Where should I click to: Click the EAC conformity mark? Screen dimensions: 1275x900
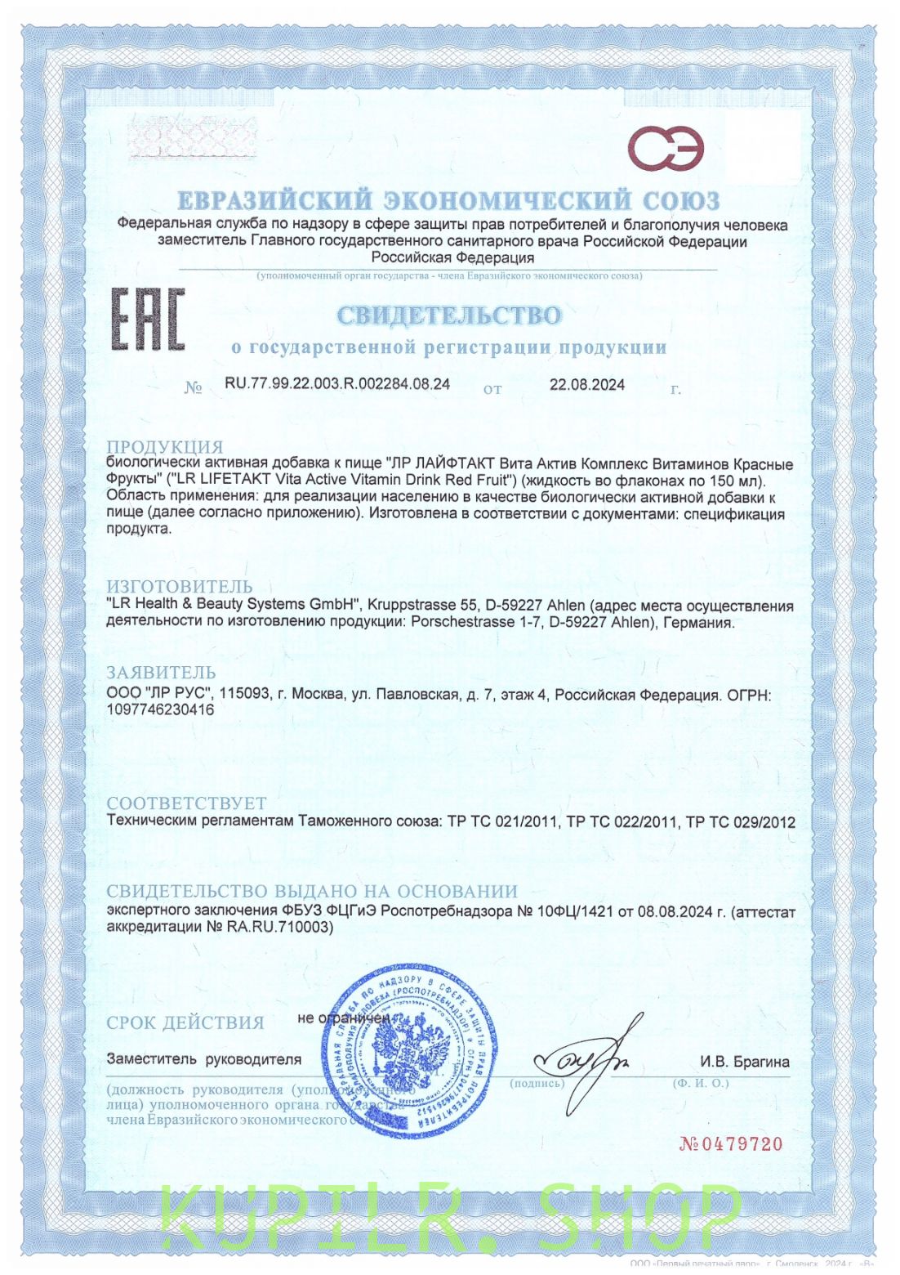pos(148,320)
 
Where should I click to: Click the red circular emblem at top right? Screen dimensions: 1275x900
pos(666,149)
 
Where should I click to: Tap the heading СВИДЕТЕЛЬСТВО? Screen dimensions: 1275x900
pos(449,315)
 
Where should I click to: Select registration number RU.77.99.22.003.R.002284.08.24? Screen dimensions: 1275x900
pos(337,384)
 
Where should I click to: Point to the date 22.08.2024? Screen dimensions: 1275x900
pos(587,385)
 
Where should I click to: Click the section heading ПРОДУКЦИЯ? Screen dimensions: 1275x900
pos(165,447)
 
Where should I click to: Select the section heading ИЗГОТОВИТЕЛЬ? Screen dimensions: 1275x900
pos(180,587)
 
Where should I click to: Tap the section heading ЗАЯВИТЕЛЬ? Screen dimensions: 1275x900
pos(162,673)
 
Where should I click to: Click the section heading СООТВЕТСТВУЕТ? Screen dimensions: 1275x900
pos(187,803)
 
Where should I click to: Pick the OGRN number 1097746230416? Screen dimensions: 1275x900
pos(161,709)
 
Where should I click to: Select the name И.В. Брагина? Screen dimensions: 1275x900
pos(744,1062)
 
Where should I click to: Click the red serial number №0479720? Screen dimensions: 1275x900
pos(731,1144)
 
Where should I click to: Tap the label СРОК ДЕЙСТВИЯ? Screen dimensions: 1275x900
pos(185,1022)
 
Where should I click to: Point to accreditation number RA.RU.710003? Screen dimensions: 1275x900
pos(280,927)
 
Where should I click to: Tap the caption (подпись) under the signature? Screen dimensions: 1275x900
pos(537,1084)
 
